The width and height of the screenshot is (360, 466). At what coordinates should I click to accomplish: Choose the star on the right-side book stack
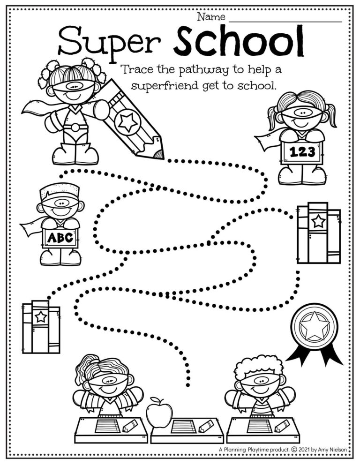(319, 221)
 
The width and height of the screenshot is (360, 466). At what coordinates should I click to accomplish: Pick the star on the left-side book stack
(41, 317)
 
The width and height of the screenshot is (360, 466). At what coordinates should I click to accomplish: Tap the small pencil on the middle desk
(204, 426)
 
